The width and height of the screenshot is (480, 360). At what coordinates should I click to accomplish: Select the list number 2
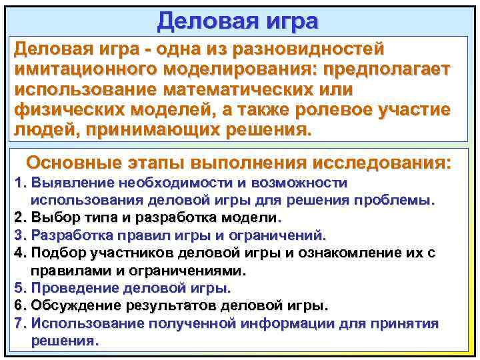(19, 217)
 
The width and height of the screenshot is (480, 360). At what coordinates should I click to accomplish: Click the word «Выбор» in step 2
(53, 217)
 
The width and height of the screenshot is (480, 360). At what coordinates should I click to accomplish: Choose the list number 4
(19, 253)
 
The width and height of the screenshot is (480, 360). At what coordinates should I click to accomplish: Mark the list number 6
(19, 306)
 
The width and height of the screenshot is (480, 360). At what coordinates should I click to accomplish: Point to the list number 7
(19, 323)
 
